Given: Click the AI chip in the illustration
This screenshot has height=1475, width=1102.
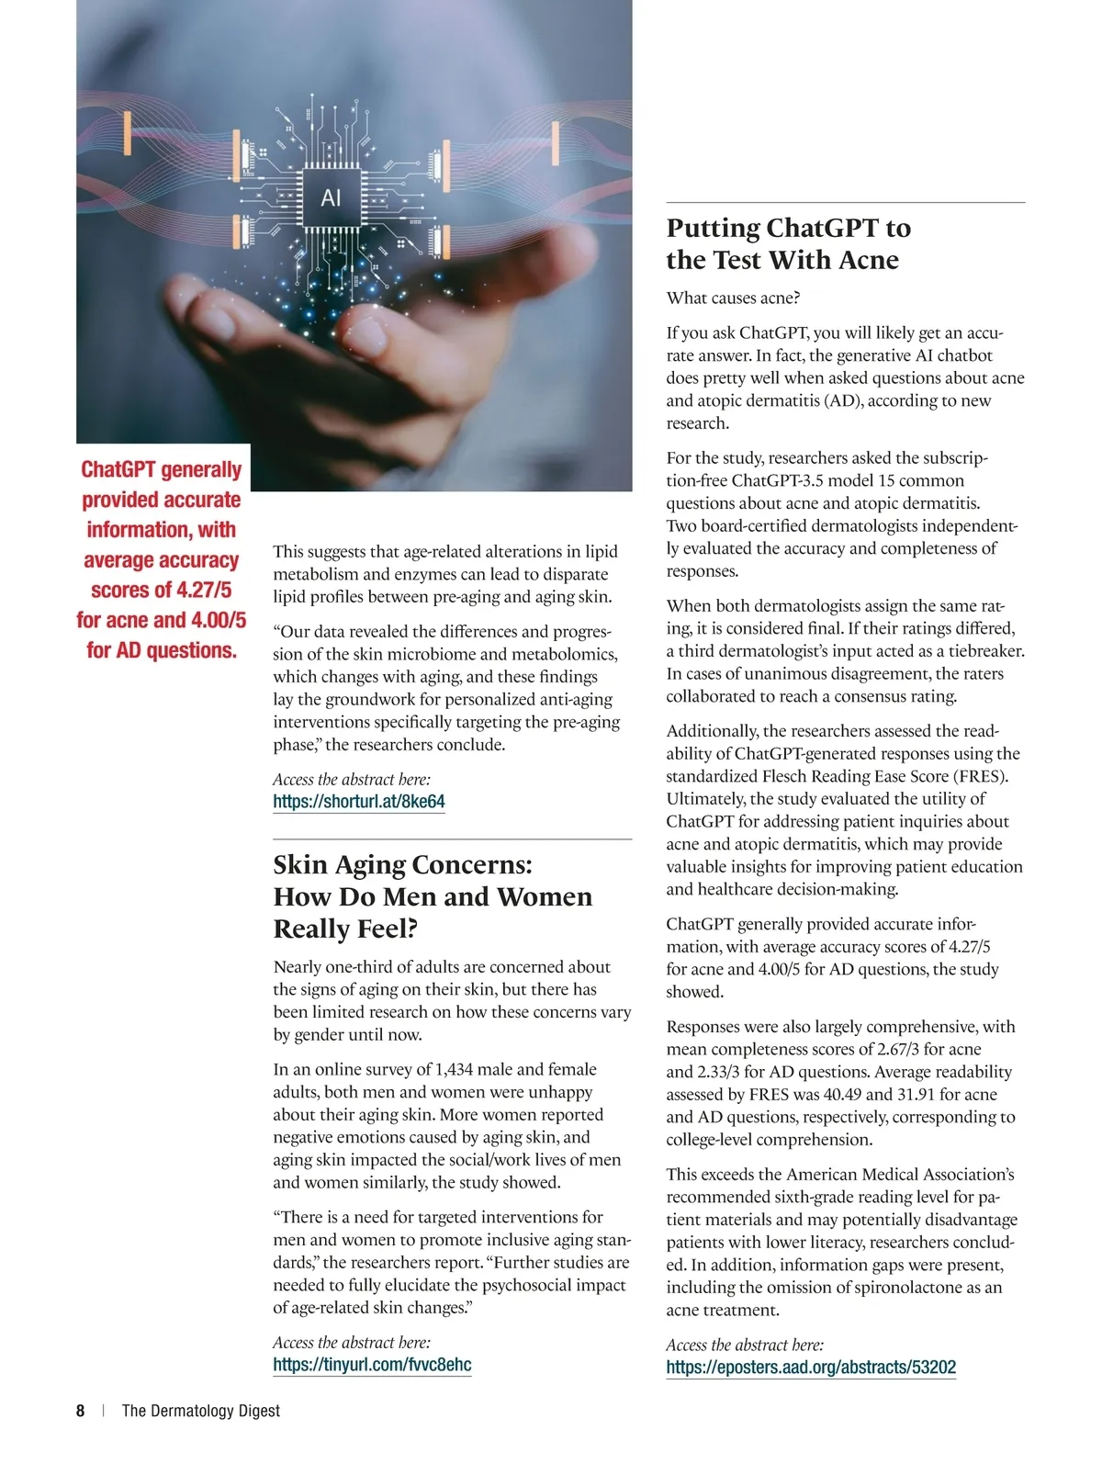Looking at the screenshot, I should tap(331, 197).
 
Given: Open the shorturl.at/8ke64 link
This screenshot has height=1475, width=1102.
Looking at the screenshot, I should tap(359, 801).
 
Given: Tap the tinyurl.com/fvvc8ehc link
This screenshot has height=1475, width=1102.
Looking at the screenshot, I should tap(372, 1364).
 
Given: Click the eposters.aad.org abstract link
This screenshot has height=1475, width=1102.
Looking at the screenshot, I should tap(811, 1367).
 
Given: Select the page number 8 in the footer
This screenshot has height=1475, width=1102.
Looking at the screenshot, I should tap(81, 1411).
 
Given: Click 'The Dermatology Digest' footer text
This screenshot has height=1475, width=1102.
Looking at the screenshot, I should tap(201, 1411).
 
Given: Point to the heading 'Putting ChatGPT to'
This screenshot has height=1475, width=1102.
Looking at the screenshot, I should tap(788, 228).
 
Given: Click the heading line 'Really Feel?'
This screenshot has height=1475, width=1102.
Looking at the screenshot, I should tap(345, 929).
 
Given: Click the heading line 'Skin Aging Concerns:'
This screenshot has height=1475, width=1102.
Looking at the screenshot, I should tap(402, 865).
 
